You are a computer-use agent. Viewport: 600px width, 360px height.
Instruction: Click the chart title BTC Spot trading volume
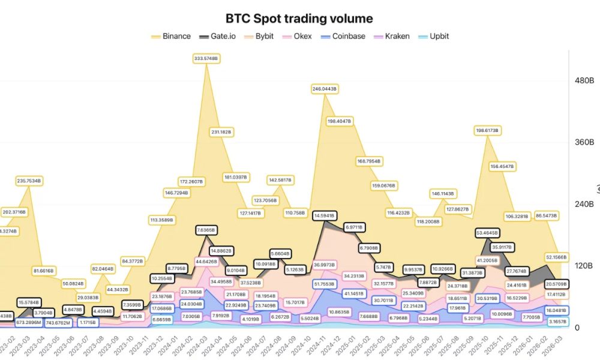pos(299,19)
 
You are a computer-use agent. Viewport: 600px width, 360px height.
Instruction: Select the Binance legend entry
pos(171,36)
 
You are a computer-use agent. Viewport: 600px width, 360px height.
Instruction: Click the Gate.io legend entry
pos(223,36)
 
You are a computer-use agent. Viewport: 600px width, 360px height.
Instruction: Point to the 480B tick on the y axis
pos(584,80)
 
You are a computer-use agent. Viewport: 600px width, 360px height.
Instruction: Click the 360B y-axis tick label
pos(584,142)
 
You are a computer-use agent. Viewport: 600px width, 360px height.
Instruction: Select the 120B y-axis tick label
pos(584,265)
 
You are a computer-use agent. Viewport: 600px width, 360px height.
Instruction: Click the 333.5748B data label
pos(206,58)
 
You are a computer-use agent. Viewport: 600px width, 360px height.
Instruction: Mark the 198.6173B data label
pos(488,130)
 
